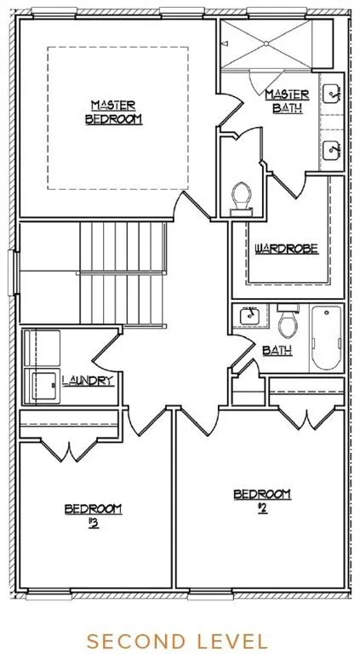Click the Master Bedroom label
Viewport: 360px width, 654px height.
[114, 112]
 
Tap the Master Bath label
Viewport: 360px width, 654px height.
[287, 101]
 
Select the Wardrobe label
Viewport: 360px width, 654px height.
[286, 249]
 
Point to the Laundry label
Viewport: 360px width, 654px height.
[88, 381]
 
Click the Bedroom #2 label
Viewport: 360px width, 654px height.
[262, 501]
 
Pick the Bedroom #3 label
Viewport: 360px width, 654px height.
[93, 516]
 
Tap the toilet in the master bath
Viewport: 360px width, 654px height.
[241, 199]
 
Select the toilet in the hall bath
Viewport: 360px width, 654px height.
[287, 321]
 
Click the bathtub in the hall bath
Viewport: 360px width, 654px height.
[326, 338]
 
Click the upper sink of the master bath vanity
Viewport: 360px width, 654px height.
[333, 94]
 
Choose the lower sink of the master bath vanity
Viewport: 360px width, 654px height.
[333, 150]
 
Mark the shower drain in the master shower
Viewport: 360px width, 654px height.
[265, 43]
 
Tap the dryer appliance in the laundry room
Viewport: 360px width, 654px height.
[43, 385]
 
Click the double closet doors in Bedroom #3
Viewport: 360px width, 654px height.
[70, 450]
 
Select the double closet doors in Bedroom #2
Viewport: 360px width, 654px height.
[306, 418]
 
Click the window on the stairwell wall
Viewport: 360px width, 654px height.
[13, 272]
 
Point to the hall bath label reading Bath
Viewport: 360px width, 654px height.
[277, 350]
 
